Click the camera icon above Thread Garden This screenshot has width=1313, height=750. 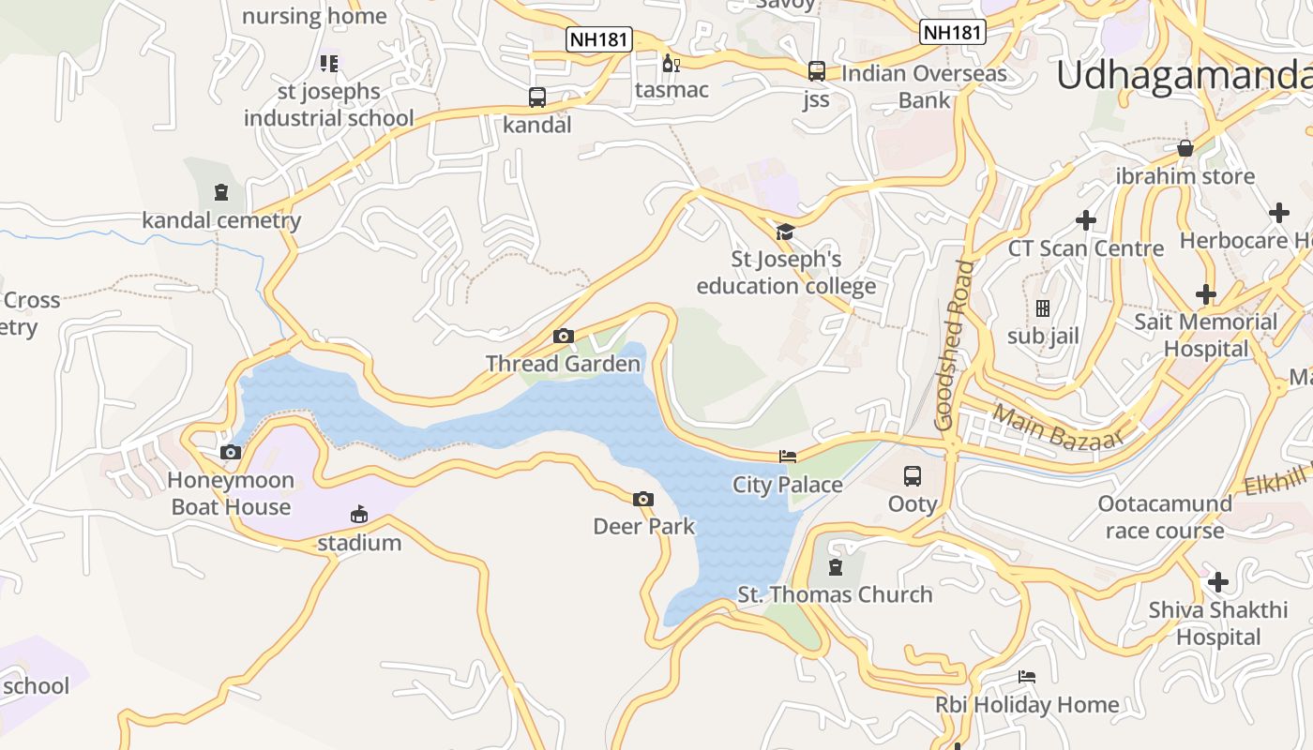pos(563,336)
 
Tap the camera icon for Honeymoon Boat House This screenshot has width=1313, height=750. pos(230,452)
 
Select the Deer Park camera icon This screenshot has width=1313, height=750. pos(642,499)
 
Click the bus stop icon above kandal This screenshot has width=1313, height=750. pos(536,97)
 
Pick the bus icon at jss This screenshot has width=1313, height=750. pos(816,71)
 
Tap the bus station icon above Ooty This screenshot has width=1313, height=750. pos(912,475)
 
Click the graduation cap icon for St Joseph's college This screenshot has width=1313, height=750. pos(784,232)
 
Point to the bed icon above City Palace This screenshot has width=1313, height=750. pos(788,457)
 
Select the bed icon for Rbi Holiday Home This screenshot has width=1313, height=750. pos(1027,677)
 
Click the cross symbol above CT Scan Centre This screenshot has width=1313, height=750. pos(1085,220)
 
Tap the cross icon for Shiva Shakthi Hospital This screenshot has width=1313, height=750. pos(1217,582)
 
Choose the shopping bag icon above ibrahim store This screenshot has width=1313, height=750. pos(1185,148)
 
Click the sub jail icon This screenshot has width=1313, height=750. pos(1042,307)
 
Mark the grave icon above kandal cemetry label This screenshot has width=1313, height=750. pos(220,192)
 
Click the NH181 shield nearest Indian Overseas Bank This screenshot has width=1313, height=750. pos(952,32)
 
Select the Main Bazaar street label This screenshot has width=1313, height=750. pos(1057,427)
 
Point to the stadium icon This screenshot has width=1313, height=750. pos(358,514)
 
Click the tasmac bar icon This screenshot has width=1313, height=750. pos(671,63)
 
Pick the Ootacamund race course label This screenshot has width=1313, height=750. pos(1165,517)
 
